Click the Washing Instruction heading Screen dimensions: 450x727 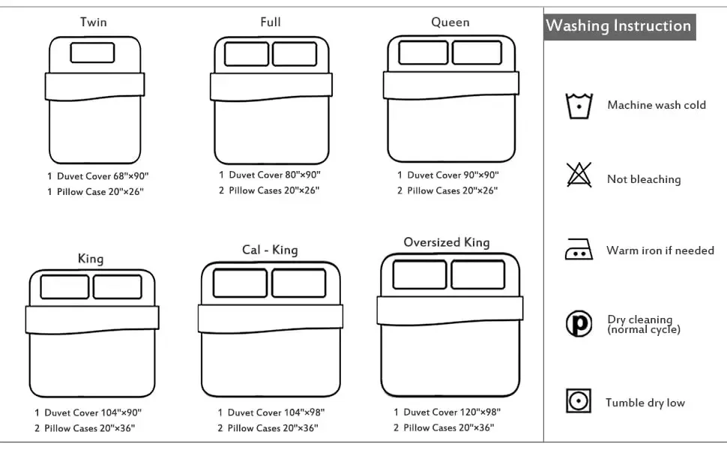pyautogui.click(x=618, y=25)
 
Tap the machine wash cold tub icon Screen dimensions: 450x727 pyautogui.click(x=579, y=106)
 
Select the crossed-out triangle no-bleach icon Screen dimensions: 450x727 pyautogui.click(x=579, y=175)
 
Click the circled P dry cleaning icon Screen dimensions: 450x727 pyautogui.click(x=579, y=324)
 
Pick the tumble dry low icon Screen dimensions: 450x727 pyautogui.click(x=579, y=402)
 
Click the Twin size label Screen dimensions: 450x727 pyautogui.click(x=94, y=22)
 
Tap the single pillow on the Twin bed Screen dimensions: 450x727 pyautogui.click(x=93, y=52)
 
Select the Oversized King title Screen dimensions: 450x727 pyautogui.click(x=447, y=242)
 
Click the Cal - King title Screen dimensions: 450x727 pyautogui.click(x=270, y=250)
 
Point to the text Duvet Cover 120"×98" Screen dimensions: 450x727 pyautogui.click(x=452, y=412)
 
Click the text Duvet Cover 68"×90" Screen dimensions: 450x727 pyautogui.click(x=103, y=176)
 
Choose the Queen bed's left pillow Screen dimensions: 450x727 pyautogui.click(x=423, y=52)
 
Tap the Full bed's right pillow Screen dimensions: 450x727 pyautogui.click(x=294, y=54)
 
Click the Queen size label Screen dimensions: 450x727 pyautogui.click(x=450, y=22)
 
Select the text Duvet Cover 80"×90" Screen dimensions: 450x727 pyautogui.click(x=274, y=175)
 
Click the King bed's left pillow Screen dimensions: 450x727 pyautogui.click(x=64, y=286)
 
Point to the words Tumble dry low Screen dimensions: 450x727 pyautogui.click(x=645, y=403)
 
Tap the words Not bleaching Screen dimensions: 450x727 pyautogui.click(x=644, y=179)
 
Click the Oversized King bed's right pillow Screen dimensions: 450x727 pyautogui.click(x=478, y=274)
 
